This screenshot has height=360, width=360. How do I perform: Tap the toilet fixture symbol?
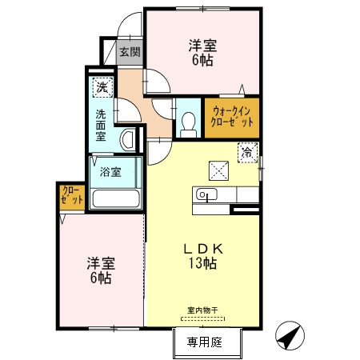click(189, 121)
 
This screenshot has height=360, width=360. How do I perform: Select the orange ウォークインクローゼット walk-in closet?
click(232, 117)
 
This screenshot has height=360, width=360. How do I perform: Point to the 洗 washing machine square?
click(102, 86)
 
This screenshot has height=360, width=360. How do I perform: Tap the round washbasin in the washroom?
click(127, 140)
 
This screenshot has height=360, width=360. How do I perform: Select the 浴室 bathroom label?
click(110, 170)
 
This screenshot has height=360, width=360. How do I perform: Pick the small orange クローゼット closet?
click(71, 197)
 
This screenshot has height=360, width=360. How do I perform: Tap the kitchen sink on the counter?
click(204, 194)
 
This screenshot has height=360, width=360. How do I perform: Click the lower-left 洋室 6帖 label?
click(100, 270)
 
